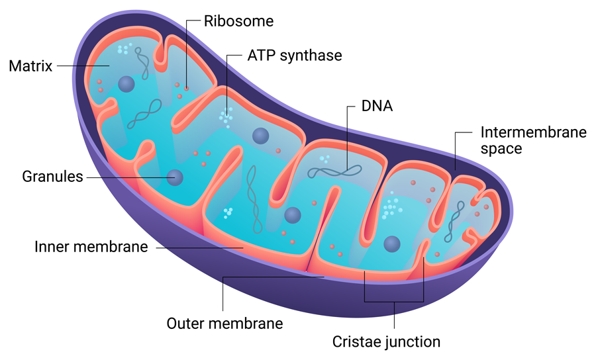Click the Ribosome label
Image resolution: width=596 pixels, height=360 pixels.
click(238, 21)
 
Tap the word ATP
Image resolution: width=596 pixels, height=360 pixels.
click(262, 56)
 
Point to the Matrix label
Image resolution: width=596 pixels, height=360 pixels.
click(30, 66)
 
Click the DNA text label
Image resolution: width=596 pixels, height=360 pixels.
click(377, 106)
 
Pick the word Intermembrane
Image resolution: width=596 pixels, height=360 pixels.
click(534, 132)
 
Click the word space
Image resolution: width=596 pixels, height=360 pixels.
click(501, 149)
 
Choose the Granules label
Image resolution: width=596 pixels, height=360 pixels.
click(52, 177)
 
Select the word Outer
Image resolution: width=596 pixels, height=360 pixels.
click(186, 324)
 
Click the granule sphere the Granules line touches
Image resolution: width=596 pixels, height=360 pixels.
click(175, 177)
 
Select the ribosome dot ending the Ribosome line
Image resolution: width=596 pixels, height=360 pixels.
click(187, 87)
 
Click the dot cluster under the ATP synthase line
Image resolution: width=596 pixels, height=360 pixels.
click(226, 116)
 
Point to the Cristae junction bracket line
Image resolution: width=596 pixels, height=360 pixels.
click(395, 302)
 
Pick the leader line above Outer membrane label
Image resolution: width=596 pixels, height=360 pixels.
click(223, 291)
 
